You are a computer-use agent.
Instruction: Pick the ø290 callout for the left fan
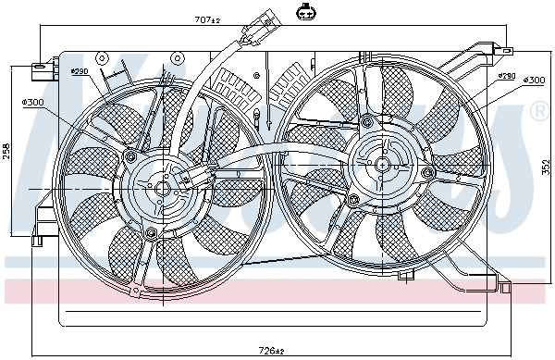(x=80, y=71)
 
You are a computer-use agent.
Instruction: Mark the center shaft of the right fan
(x=382, y=164)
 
